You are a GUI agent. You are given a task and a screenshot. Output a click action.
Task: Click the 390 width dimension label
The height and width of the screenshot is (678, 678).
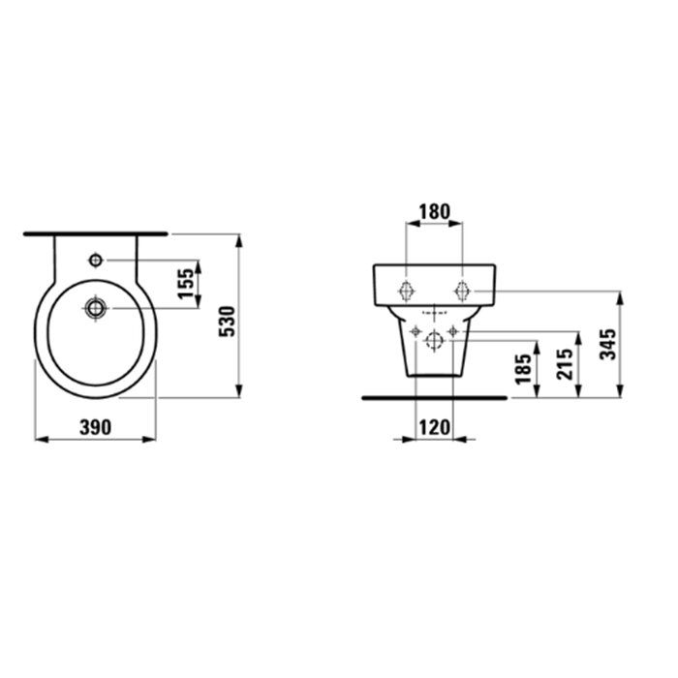click(x=95, y=427)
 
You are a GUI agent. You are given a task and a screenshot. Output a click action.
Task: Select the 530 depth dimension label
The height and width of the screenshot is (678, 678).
click(x=227, y=322)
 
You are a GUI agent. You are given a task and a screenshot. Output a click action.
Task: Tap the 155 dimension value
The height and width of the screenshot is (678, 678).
click(x=186, y=284)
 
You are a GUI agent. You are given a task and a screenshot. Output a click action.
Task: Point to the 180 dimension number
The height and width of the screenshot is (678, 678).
click(x=435, y=211)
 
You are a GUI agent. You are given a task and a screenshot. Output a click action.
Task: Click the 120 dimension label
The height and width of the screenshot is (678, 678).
click(x=435, y=428)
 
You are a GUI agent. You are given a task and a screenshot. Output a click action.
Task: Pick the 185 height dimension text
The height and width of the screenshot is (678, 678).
click(x=523, y=369)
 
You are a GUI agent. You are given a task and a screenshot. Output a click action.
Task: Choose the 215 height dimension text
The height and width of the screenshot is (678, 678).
click(x=565, y=364)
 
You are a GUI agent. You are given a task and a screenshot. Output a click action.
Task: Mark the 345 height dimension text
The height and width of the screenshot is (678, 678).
click(x=607, y=344)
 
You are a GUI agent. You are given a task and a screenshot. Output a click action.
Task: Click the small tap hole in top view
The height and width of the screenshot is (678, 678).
click(x=96, y=261)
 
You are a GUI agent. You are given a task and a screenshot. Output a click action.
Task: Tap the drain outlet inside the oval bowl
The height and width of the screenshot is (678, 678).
click(x=96, y=308)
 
